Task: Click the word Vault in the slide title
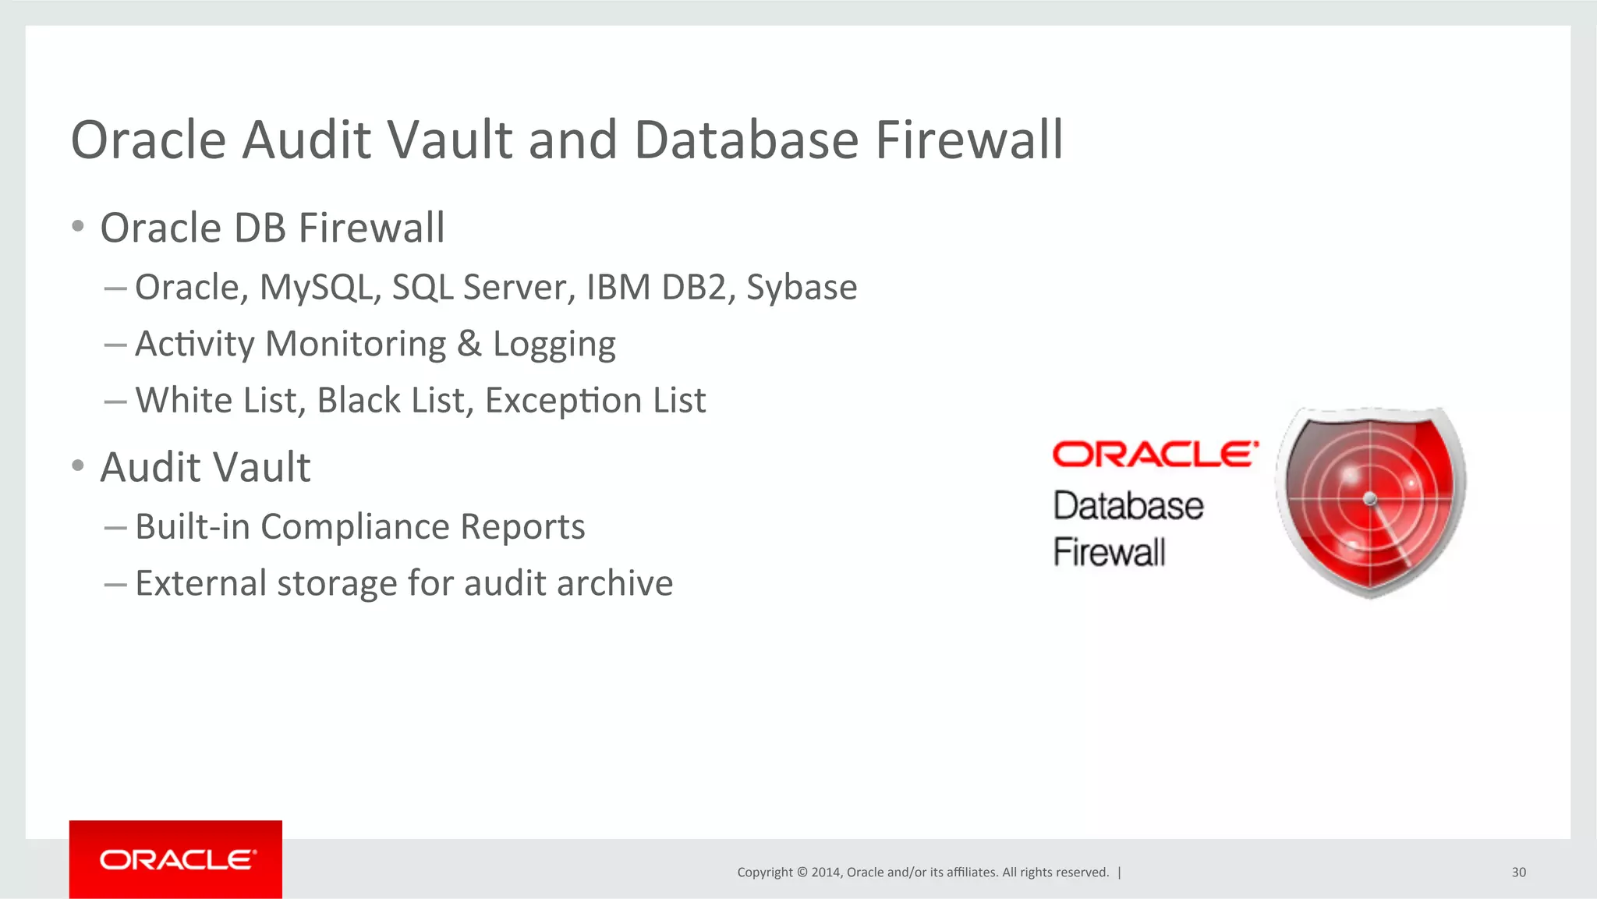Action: [x=449, y=140]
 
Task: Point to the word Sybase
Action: [x=802, y=288]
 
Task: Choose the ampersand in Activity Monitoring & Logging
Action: [x=469, y=344]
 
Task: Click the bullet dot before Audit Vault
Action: [x=77, y=466]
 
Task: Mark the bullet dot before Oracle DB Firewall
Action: [x=77, y=227]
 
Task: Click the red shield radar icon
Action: [x=1371, y=501]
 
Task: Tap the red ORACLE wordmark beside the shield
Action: [x=1155, y=454]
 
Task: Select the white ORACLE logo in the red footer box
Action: [x=177, y=859]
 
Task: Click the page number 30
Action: [x=1519, y=872]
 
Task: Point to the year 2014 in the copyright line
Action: [x=825, y=872]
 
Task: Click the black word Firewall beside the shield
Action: [x=1109, y=552]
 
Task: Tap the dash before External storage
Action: [x=115, y=584]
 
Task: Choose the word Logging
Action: [x=554, y=344]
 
